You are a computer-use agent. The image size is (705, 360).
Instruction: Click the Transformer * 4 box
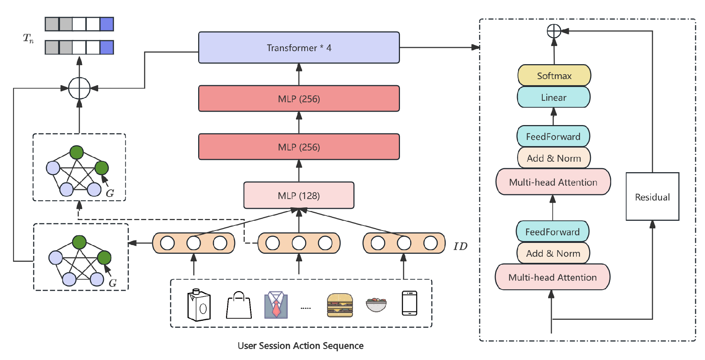[299, 47]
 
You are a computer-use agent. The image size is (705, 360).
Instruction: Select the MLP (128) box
[299, 195]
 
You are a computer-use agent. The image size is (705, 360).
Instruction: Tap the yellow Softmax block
[554, 76]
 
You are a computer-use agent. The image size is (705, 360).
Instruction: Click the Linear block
[554, 97]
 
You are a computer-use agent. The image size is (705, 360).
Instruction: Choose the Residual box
[652, 197]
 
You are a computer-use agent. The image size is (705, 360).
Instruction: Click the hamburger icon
[339, 305]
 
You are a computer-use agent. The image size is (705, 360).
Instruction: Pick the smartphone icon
[410, 303]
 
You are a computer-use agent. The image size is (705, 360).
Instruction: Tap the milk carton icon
[199, 305]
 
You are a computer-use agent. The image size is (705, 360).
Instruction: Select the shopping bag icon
[239, 305]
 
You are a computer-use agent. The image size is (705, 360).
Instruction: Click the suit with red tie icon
[276, 305]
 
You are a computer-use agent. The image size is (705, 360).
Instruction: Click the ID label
[460, 247]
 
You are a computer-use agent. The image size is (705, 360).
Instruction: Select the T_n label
[28, 38]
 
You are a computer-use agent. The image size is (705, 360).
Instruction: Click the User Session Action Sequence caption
[300, 345]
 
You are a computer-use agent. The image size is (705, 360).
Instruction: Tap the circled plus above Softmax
[554, 31]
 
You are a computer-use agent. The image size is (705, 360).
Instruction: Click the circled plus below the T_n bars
[79, 88]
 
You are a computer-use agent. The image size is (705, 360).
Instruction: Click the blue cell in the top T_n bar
[107, 24]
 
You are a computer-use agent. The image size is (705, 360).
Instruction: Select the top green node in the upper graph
[76, 153]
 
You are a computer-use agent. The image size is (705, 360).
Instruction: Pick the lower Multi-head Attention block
[552, 277]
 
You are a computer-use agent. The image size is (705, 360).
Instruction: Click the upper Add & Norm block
[554, 158]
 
